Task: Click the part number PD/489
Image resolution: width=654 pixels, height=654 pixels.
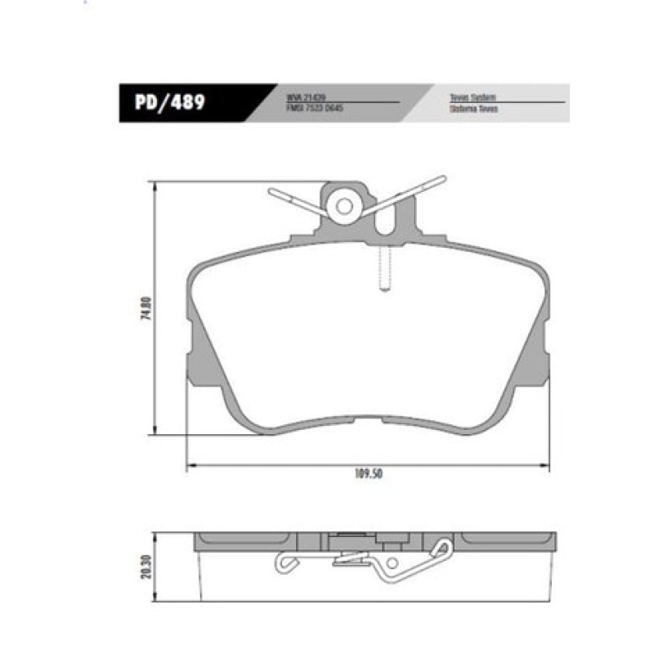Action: click(170, 104)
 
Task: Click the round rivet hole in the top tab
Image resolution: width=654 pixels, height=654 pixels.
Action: click(344, 206)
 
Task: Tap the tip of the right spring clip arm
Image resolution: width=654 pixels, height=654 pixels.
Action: click(442, 178)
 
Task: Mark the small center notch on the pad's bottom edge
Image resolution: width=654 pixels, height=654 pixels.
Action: click(368, 419)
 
